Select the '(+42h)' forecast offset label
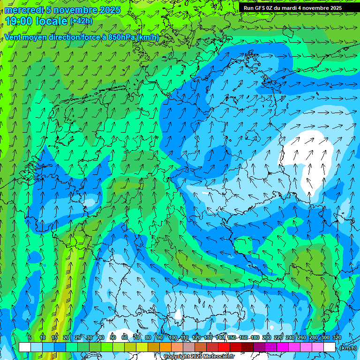pyautogui.click(x=81, y=21)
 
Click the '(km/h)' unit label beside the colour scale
pyautogui.click(x=348, y=348)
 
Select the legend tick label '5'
pyautogui.click(x=30, y=337)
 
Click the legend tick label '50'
pyautogui.click(x=112, y=337)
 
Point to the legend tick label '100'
pyautogui.click(x=173, y=337)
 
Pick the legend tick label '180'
pyautogui.click(x=255, y=337)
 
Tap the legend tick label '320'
pyautogui.click(x=337, y=337)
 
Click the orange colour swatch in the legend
pyautogui.click(x=165, y=347)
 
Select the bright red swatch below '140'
pyautogui.click(x=224, y=347)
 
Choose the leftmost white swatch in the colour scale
pyautogui.click(x=25, y=347)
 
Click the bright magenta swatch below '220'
pyautogui.click(x=283, y=347)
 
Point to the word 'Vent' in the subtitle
pyautogui.click(x=13, y=37)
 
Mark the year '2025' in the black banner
pyautogui.click(x=335, y=8)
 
